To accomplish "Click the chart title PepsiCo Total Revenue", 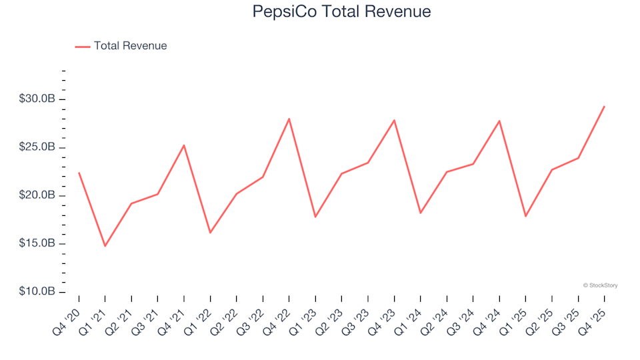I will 341,11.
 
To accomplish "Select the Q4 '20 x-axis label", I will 67,319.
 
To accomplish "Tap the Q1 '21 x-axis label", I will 93,319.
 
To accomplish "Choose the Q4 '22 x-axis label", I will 277,319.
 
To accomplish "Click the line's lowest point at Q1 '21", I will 105,246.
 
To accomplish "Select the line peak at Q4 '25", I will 604,107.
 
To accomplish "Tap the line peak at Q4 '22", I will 289,119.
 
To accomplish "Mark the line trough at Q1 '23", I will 315,217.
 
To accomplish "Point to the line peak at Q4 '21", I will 184,145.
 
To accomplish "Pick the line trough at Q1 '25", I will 525,216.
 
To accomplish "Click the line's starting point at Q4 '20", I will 79,173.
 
